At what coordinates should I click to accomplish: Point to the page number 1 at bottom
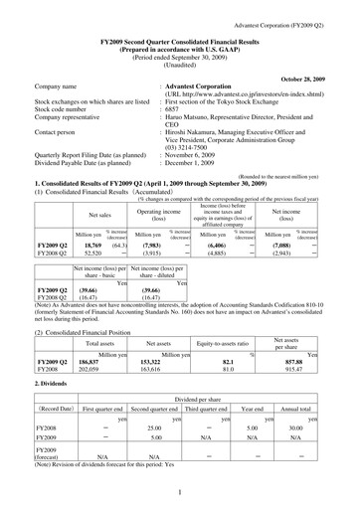click(x=180, y=490)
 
